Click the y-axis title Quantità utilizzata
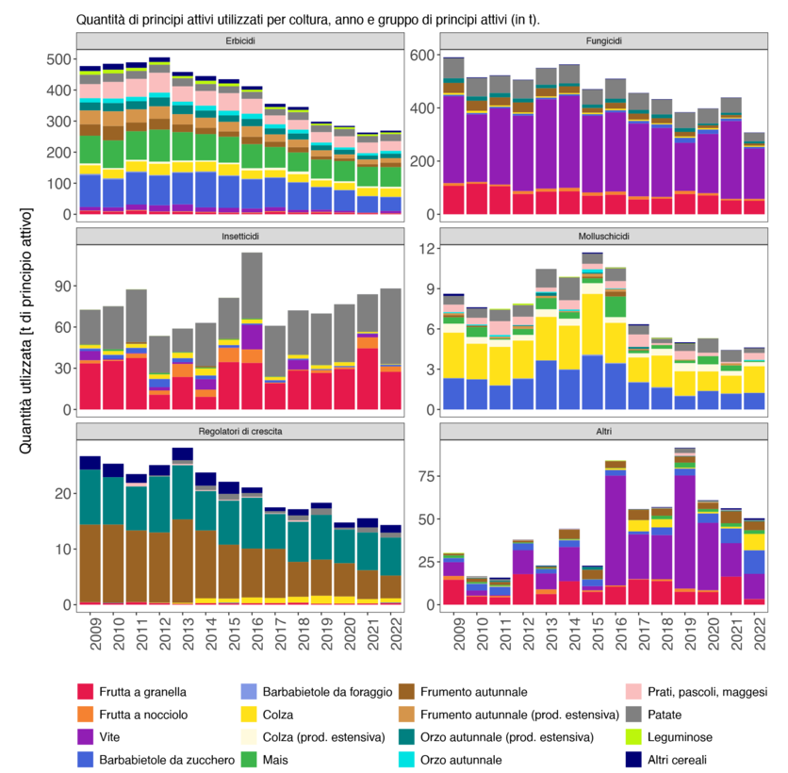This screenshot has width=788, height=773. click(25, 330)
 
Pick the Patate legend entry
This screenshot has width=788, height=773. click(668, 738)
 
